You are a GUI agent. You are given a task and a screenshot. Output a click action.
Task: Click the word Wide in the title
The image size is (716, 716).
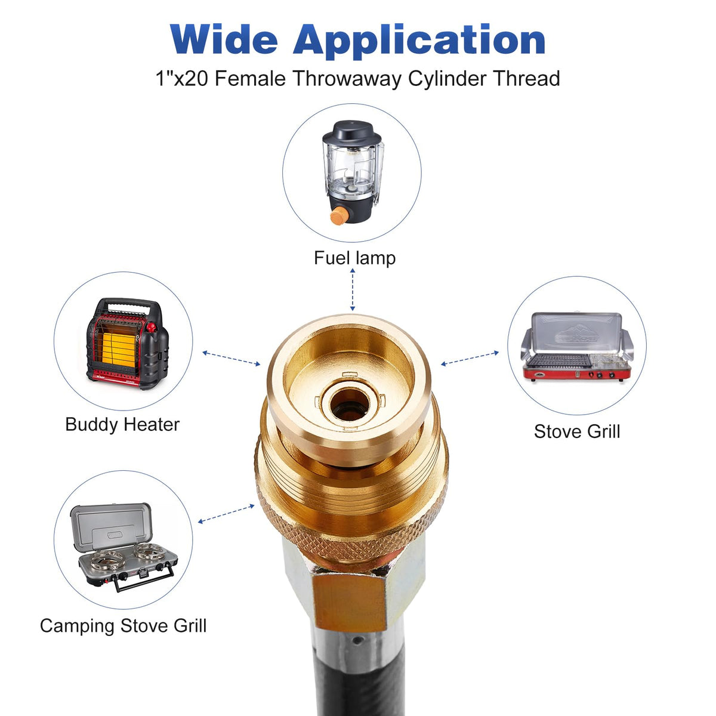click(224, 39)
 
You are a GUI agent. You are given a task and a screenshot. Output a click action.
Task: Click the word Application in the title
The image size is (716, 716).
click(419, 42)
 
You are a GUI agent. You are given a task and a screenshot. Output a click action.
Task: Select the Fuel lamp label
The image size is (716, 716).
click(355, 258)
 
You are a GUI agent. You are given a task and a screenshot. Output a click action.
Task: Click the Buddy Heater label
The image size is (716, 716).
click(122, 425)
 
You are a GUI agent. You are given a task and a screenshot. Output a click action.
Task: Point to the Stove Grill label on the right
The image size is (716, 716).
click(577, 431)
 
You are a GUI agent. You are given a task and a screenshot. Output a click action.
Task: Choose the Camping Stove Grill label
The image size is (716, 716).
click(123, 626)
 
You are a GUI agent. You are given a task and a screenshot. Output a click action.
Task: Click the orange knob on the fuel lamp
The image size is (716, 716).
click(338, 216)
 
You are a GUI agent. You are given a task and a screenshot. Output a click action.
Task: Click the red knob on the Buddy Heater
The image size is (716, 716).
click(151, 328)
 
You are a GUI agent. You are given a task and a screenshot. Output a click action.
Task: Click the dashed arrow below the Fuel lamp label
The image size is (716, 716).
click(352, 290)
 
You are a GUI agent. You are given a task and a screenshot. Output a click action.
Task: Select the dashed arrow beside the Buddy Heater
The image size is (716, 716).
click(231, 358)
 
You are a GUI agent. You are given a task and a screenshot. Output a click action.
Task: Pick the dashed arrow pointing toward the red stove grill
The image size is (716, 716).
click(470, 358)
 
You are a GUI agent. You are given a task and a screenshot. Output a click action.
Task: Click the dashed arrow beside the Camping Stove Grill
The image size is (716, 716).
click(226, 514)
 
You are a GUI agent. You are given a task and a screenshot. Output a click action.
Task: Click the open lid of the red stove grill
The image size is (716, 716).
click(576, 332)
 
